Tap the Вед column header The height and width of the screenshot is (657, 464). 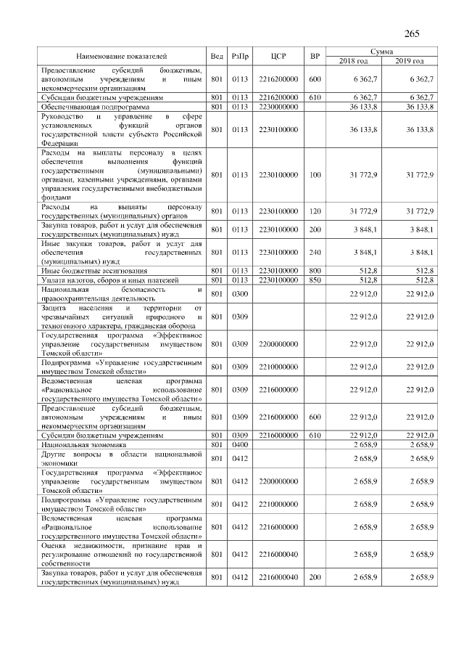point(216,56)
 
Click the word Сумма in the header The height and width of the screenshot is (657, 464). point(381,52)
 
